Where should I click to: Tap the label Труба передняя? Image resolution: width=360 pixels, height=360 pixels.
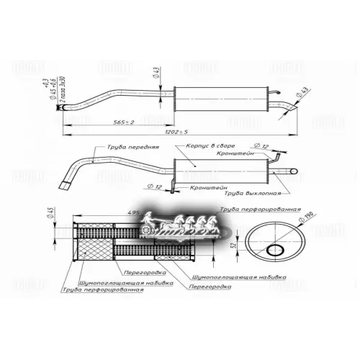pyautogui.click(x=132, y=146)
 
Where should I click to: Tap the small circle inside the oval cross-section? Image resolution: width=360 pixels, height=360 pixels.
pyautogui.click(x=276, y=250)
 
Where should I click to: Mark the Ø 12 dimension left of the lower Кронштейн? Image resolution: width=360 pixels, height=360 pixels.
pyautogui.click(x=154, y=186)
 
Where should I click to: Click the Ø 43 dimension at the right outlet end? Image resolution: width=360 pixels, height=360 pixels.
pyautogui.click(x=303, y=91)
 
